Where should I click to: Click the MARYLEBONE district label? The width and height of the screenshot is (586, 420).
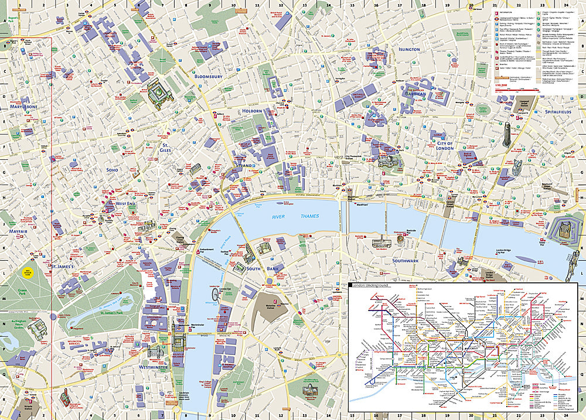click(x=24, y=107)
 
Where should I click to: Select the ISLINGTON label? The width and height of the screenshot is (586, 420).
click(x=408, y=49)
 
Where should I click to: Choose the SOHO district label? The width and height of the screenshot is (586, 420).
click(x=112, y=170)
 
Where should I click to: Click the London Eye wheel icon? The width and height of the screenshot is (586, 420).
click(x=214, y=293)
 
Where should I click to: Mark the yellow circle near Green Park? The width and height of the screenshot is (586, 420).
click(x=27, y=272)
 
